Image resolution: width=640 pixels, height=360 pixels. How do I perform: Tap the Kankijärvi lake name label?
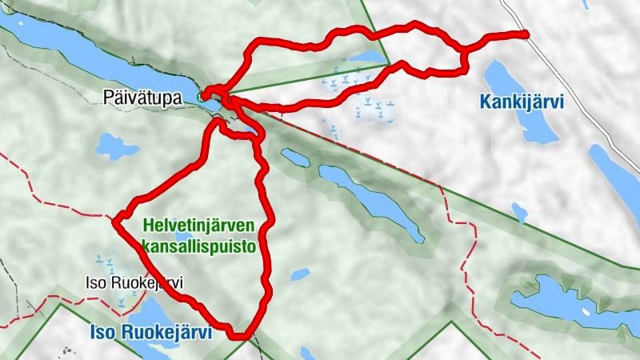(522, 102)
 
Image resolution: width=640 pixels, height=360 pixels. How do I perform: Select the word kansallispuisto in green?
(198, 246)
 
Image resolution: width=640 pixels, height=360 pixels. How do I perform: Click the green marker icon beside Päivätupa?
(202, 98)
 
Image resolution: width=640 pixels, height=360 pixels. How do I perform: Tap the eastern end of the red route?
(525, 34)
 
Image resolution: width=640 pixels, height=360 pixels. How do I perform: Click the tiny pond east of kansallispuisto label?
(300, 274)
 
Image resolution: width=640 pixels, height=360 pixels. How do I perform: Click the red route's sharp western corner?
(115, 221)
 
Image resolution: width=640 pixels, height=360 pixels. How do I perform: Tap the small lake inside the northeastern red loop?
(364, 60)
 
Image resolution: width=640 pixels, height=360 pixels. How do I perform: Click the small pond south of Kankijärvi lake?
(520, 212)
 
